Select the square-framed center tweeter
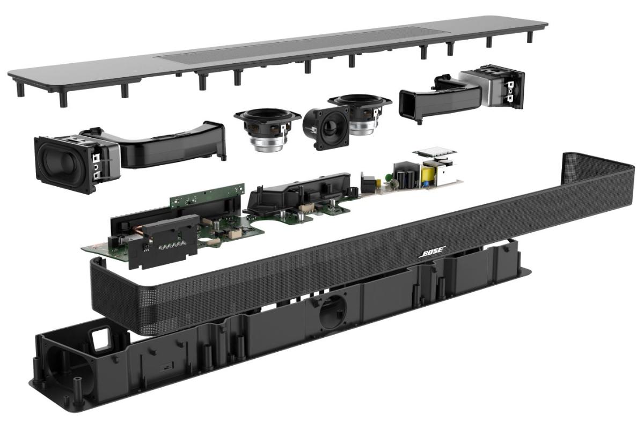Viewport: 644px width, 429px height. coord(326,127)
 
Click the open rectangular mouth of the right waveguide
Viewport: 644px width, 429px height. coord(408,105)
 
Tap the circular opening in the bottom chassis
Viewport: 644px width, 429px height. coord(332,314)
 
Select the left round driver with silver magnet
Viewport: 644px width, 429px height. coord(267,129)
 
